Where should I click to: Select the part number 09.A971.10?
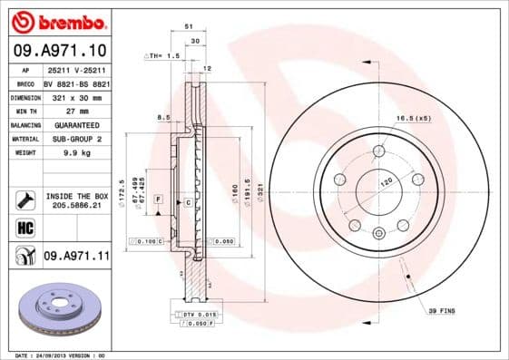tap(60, 50)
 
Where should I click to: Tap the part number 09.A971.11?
tap(76, 257)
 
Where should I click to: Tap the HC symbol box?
tap(25, 228)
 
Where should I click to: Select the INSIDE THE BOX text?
tap(76, 196)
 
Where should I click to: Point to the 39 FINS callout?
tap(443, 311)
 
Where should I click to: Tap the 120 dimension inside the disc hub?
tap(387, 181)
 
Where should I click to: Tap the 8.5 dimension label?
tap(163, 117)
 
